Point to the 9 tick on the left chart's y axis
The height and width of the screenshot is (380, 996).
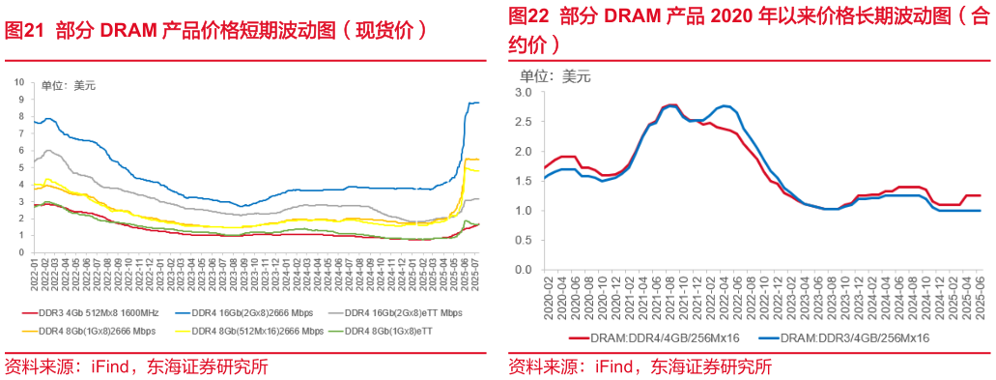tap(21, 82)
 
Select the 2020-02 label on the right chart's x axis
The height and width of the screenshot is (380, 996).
tap(547, 295)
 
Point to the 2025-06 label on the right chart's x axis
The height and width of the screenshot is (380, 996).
tap(980, 295)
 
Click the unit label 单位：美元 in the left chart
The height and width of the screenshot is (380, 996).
tap(69, 87)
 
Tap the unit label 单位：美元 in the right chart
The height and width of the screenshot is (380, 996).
tap(555, 74)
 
